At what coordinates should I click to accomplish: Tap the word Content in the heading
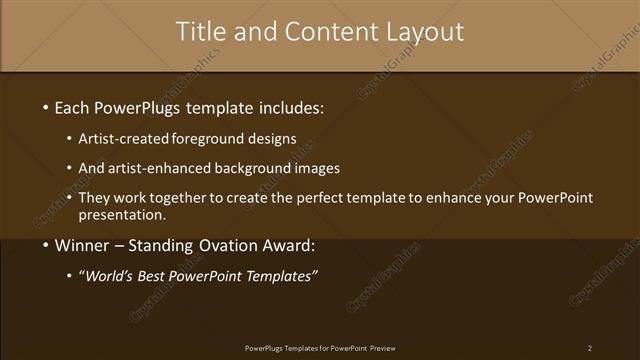click(x=323, y=31)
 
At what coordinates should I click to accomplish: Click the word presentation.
click(x=122, y=214)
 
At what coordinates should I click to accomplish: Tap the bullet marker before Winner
click(x=45, y=245)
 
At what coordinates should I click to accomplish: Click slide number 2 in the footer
click(x=589, y=348)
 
